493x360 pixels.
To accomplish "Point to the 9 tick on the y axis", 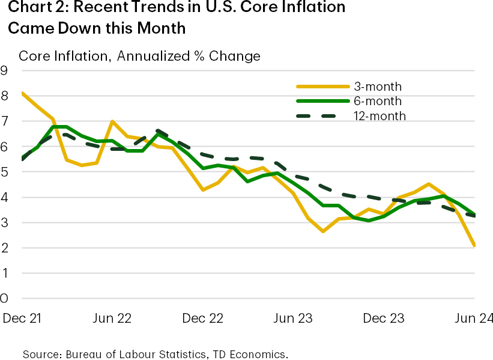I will click(x=5, y=71).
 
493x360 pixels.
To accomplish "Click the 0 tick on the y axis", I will click(x=5, y=298).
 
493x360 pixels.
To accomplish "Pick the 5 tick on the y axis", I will click(x=5, y=172).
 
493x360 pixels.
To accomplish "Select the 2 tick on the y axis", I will click(x=5, y=248).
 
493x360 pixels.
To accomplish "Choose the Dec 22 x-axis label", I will click(x=202, y=318).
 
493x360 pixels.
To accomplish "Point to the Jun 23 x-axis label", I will click(x=292, y=318).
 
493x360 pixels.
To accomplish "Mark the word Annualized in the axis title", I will click(x=153, y=56).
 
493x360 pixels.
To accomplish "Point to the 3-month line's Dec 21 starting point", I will click(x=22, y=93).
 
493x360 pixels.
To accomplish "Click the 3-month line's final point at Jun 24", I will click(x=475, y=245).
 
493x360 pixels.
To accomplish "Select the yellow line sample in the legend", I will click(x=324, y=87).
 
